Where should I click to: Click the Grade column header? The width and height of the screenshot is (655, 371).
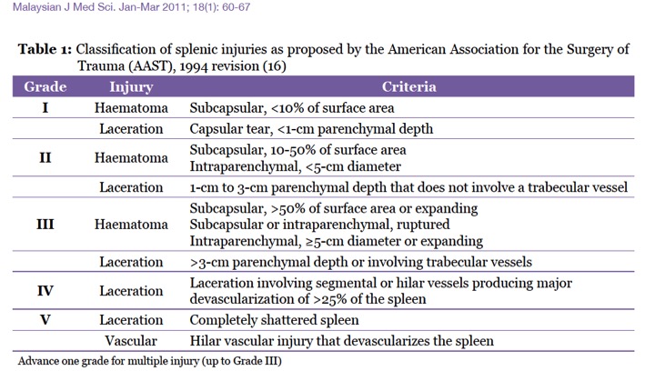point(45,87)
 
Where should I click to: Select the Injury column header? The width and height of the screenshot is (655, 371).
point(130,87)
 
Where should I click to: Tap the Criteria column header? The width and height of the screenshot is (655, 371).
point(409,87)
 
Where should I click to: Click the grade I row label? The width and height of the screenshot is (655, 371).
point(45,108)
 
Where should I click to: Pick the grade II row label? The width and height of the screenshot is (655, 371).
point(45,157)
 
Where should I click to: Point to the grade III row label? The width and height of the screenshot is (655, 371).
point(45,224)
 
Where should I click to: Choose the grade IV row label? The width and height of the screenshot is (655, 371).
point(45,291)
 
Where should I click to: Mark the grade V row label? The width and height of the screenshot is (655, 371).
point(45,319)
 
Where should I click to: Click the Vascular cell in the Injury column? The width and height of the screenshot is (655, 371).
point(130,341)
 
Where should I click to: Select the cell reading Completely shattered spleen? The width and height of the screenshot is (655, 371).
point(275,319)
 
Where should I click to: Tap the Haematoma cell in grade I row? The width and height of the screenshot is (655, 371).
point(130,108)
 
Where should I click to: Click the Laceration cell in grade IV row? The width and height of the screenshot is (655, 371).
point(130,291)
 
